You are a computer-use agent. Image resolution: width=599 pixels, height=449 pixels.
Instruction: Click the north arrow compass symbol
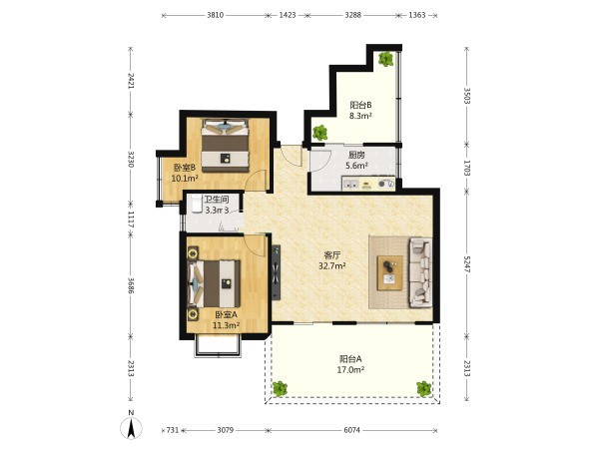tap(131, 427)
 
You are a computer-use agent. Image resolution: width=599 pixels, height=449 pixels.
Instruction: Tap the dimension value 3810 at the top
tap(215, 15)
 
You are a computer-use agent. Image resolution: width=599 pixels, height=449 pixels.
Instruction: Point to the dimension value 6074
tap(351, 430)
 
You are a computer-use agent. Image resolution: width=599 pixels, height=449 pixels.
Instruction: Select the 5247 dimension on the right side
tap(467, 264)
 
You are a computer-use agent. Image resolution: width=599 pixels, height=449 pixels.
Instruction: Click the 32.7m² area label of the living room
tap(332, 265)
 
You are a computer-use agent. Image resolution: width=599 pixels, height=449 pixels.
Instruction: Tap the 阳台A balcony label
tap(350, 359)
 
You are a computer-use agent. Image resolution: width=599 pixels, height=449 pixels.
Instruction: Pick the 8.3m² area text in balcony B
tap(360, 116)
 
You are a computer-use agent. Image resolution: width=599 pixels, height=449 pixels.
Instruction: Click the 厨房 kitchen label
tap(356, 155)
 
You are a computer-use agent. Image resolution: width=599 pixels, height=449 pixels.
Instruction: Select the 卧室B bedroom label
tap(185, 168)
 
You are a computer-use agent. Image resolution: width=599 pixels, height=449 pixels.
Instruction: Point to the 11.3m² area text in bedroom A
tap(227, 325)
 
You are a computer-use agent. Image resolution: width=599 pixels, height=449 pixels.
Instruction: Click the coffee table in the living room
tap(390, 272)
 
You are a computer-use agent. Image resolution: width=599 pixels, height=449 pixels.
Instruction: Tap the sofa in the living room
tap(421, 272)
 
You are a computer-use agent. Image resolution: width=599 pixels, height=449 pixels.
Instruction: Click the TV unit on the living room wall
tap(276, 272)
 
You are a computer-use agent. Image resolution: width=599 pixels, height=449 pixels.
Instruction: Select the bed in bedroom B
tap(225, 146)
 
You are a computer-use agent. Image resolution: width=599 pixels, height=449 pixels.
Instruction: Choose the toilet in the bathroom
tap(197, 204)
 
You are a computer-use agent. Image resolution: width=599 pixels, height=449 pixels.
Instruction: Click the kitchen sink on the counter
tap(350, 184)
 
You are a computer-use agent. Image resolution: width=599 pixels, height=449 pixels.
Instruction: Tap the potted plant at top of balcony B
tap(385, 59)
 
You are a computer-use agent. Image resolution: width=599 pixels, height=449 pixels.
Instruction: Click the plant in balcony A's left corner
tap(280, 389)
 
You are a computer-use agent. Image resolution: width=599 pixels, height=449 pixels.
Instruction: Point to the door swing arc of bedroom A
tap(259, 248)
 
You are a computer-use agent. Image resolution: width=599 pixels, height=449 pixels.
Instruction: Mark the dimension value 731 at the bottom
tap(173, 430)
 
